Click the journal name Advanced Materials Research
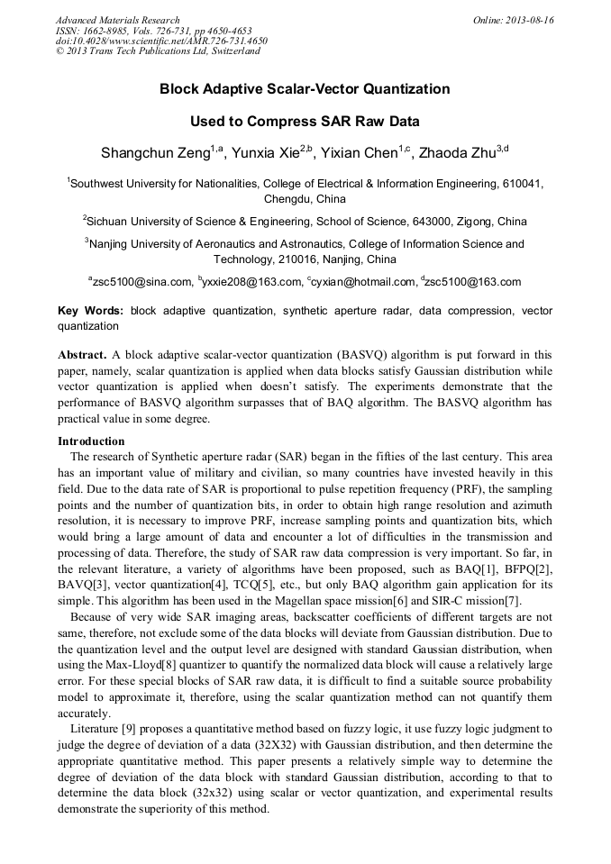(x=117, y=20)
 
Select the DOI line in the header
(x=161, y=41)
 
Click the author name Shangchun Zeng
(x=155, y=153)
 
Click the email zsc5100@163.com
(x=472, y=282)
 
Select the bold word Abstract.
(x=83, y=354)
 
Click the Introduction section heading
(x=91, y=441)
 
